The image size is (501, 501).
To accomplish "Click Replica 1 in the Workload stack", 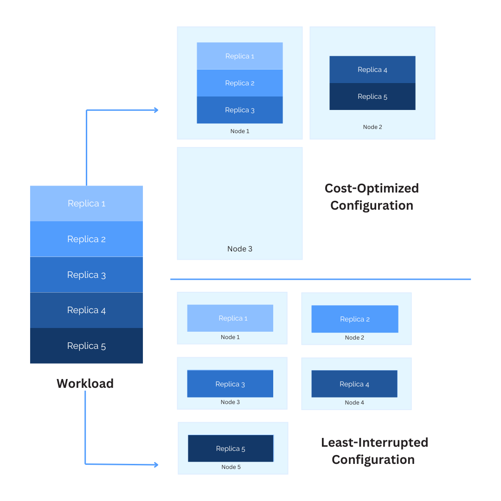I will coord(86,204).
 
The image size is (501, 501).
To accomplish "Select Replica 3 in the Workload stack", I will coord(86,275).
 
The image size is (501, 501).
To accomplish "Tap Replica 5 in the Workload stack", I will coord(86,346).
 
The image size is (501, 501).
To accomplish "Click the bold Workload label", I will coord(85,384).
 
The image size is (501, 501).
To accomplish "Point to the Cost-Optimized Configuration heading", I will coord(372,197).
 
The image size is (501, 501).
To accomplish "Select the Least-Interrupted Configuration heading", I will coord(374,451).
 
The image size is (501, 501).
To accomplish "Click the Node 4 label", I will coord(354,402).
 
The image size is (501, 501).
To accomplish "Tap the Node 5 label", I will coord(231,467).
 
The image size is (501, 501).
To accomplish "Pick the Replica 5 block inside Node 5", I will coord(231,448).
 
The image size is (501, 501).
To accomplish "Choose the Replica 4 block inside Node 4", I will coord(354,384).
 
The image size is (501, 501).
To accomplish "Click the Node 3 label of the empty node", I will coord(240,249).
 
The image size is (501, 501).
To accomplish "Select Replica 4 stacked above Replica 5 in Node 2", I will coord(373,70).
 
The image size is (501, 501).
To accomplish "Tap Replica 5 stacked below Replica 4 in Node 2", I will coord(373,96).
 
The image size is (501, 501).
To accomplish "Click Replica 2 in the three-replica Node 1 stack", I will coord(240,83).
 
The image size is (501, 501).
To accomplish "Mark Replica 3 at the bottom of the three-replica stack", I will coord(240,110).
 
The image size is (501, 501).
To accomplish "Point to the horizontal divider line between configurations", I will coord(320,279).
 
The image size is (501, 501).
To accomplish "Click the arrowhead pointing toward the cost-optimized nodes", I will coord(156,110).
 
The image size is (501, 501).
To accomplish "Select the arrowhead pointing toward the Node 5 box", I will coord(156,464).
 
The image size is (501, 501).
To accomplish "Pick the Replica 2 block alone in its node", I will coord(355,319).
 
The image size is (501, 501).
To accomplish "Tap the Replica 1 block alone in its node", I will coord(230,318).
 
